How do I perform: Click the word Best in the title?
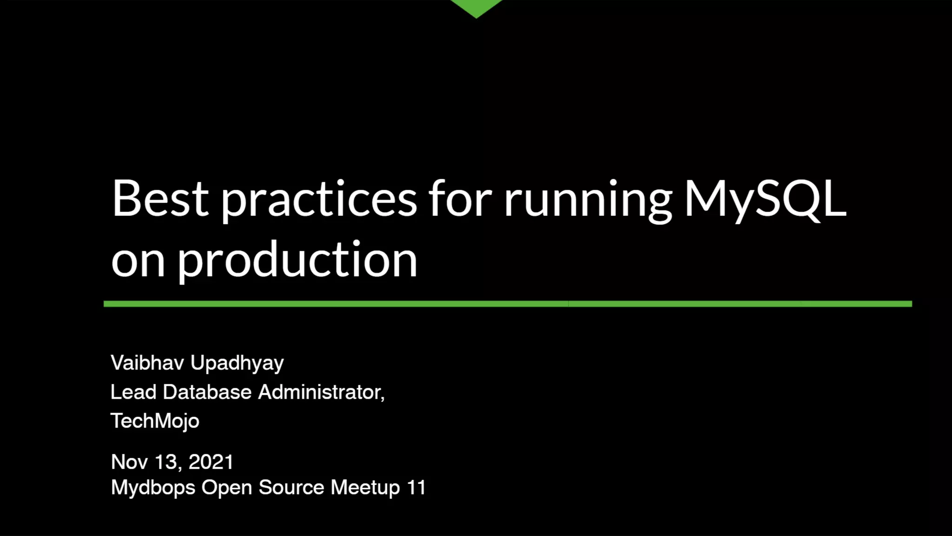160,199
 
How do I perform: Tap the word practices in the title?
319,200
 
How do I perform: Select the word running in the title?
588,200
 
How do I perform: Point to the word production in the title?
297,261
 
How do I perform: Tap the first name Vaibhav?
147,363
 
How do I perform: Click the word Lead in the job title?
133,392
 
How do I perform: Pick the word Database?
207,392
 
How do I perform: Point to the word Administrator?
321,392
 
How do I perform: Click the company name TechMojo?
155,421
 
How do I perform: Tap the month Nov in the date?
129,462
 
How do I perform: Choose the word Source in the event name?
291,488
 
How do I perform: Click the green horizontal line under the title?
508,304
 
